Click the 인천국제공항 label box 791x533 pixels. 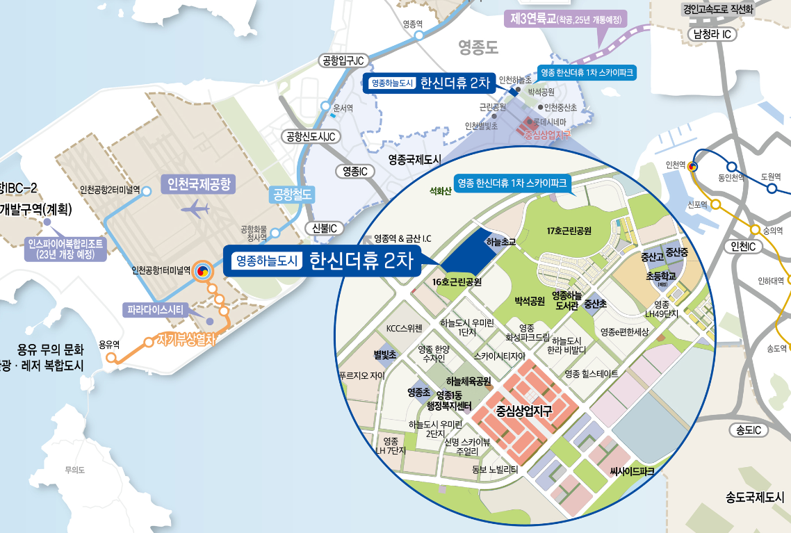pos(198,183)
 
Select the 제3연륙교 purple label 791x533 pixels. pos(565,19)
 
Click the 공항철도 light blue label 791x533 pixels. pos(293,194)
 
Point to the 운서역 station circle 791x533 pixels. pos(325,106)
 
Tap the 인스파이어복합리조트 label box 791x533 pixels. pos(66,249)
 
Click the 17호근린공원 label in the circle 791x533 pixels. pos(569,230)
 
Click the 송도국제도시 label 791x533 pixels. pos(755,497)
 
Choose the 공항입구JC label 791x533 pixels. pos(341,61)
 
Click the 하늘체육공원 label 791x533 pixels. pos(468,382)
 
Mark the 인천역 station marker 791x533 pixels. pos(692,167)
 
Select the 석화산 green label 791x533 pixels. pos(441,192)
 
